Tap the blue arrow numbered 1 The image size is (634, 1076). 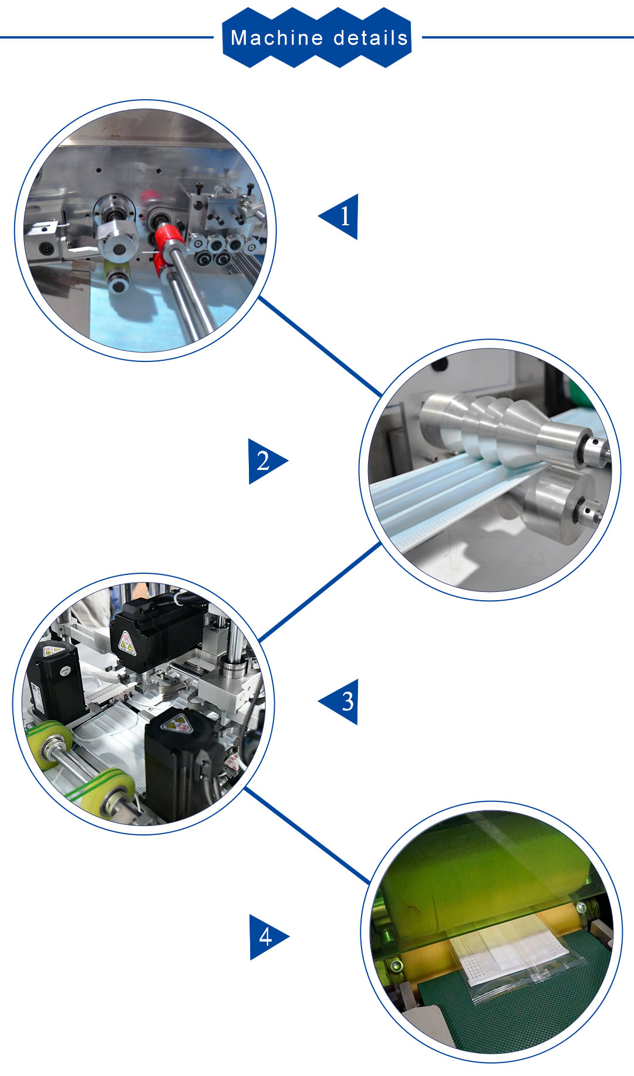[339, 216]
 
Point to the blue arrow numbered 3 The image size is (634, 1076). [339, 702]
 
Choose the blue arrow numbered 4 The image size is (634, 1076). [269, 937]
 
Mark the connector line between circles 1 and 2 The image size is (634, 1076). [321, 347]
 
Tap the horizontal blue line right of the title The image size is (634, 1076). [528, 38]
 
